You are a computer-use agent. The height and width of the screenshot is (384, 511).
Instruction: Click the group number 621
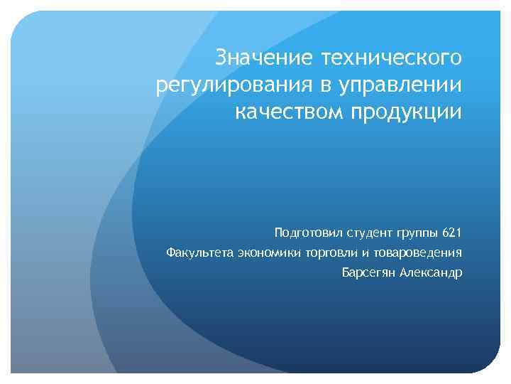[x=451, y=233]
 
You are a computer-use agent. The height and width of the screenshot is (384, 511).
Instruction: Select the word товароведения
[x=419, y=252]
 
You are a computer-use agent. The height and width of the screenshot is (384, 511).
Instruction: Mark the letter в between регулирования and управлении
[x=324, y=85]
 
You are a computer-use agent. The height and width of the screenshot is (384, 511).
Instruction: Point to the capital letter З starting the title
[x=222, y=55]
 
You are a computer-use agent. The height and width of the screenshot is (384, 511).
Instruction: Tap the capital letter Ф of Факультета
[x=170, y=252]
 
